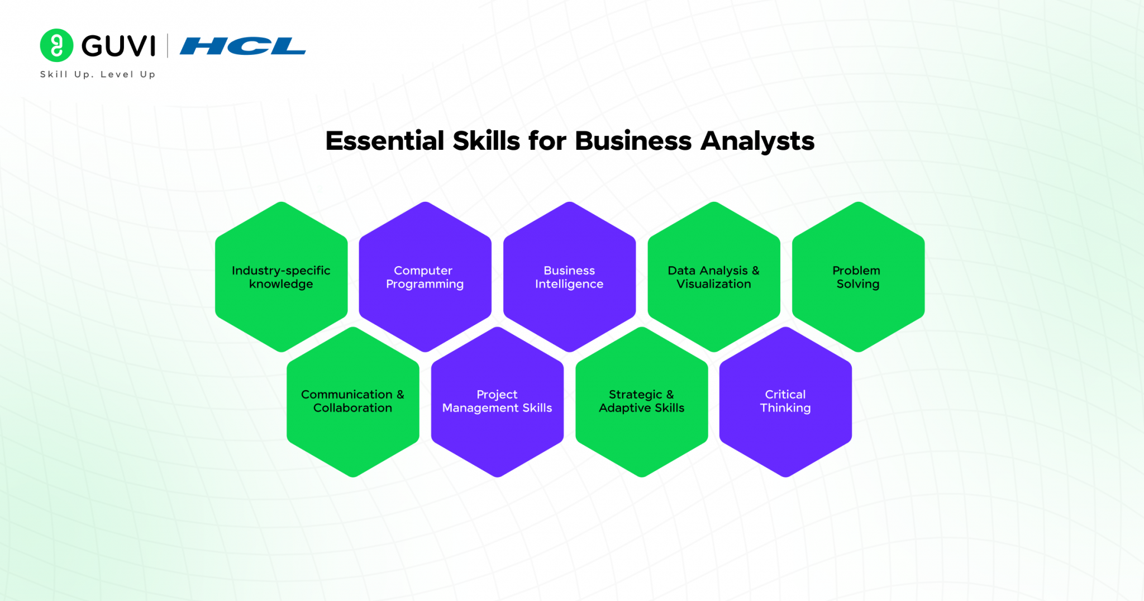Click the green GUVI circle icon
[x=56, y=45]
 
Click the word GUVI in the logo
[x=118, y=46]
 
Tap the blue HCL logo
[x=242, y=46]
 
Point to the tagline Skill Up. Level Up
[x=98, y=74]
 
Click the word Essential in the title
[x=385, y=141]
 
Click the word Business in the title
[x=633, y=141]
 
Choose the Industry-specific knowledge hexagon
[x=281, y=277]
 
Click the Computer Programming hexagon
[x=425, y=277]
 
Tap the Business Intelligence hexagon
[x=569, y=277]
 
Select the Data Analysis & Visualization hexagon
[x=714, y=277]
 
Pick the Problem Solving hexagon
[x=858, y=277]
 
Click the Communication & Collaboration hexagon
[x=352, y=401]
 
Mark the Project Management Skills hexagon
[x=497, y=401]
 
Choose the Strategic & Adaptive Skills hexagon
[x=641, y=401]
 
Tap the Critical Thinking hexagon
[x=785, y=401]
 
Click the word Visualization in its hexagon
[x=714, y=284]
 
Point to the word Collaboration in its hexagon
[x=352, y=408]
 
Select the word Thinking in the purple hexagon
[x=785, y=408]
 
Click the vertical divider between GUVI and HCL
[x=168, y=46]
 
